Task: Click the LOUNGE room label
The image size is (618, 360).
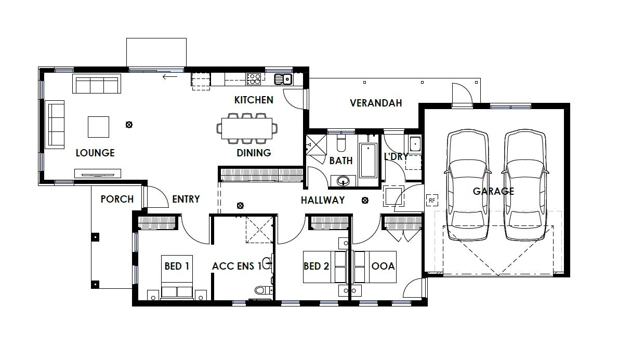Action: pos(95,153)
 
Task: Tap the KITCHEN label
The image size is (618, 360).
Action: pos(254,100)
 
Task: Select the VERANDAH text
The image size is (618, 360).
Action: pos(376,103)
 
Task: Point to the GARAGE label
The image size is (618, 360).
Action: pos(493,191)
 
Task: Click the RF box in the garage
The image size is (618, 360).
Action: pos(432,201)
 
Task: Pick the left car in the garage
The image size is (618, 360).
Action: pos(468,184)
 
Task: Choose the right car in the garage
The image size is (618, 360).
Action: pos(525,184)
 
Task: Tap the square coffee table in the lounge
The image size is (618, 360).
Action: pos(99,127)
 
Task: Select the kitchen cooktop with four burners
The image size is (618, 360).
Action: pos(254,79)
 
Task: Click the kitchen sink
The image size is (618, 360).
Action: pos(283,79)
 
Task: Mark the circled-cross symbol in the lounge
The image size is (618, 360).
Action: pos(129,125)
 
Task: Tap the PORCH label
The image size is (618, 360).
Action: pos(117,199)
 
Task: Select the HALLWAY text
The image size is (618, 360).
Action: pos(323,201)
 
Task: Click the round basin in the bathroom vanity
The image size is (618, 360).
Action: pos(343,181)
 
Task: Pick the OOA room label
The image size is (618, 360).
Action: pos(383,266)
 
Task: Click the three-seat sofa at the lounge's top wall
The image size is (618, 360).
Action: pos(97,84)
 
